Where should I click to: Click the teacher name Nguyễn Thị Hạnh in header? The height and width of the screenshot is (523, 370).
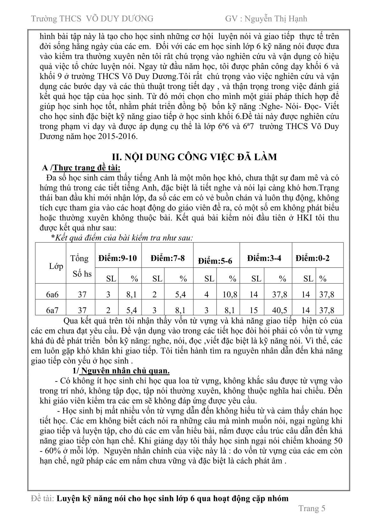coord(275,19)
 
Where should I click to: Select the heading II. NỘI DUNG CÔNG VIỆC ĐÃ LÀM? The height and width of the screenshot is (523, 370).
coord(194,157)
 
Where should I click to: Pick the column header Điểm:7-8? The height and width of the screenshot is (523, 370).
coord(167,258)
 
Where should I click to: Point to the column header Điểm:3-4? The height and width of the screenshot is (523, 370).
coord(264,258)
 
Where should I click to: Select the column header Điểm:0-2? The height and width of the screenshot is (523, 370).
coord(312,258)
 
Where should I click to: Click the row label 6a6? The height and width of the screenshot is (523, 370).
coord(52,294)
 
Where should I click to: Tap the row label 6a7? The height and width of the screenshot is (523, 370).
coord(52,310)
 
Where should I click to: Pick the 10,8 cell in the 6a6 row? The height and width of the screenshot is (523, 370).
coord(230,294)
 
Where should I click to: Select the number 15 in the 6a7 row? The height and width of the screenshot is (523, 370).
coord(254,310)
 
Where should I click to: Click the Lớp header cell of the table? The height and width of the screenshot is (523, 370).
coord(56,266)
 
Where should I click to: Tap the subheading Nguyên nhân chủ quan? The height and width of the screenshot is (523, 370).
coord(125,371)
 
